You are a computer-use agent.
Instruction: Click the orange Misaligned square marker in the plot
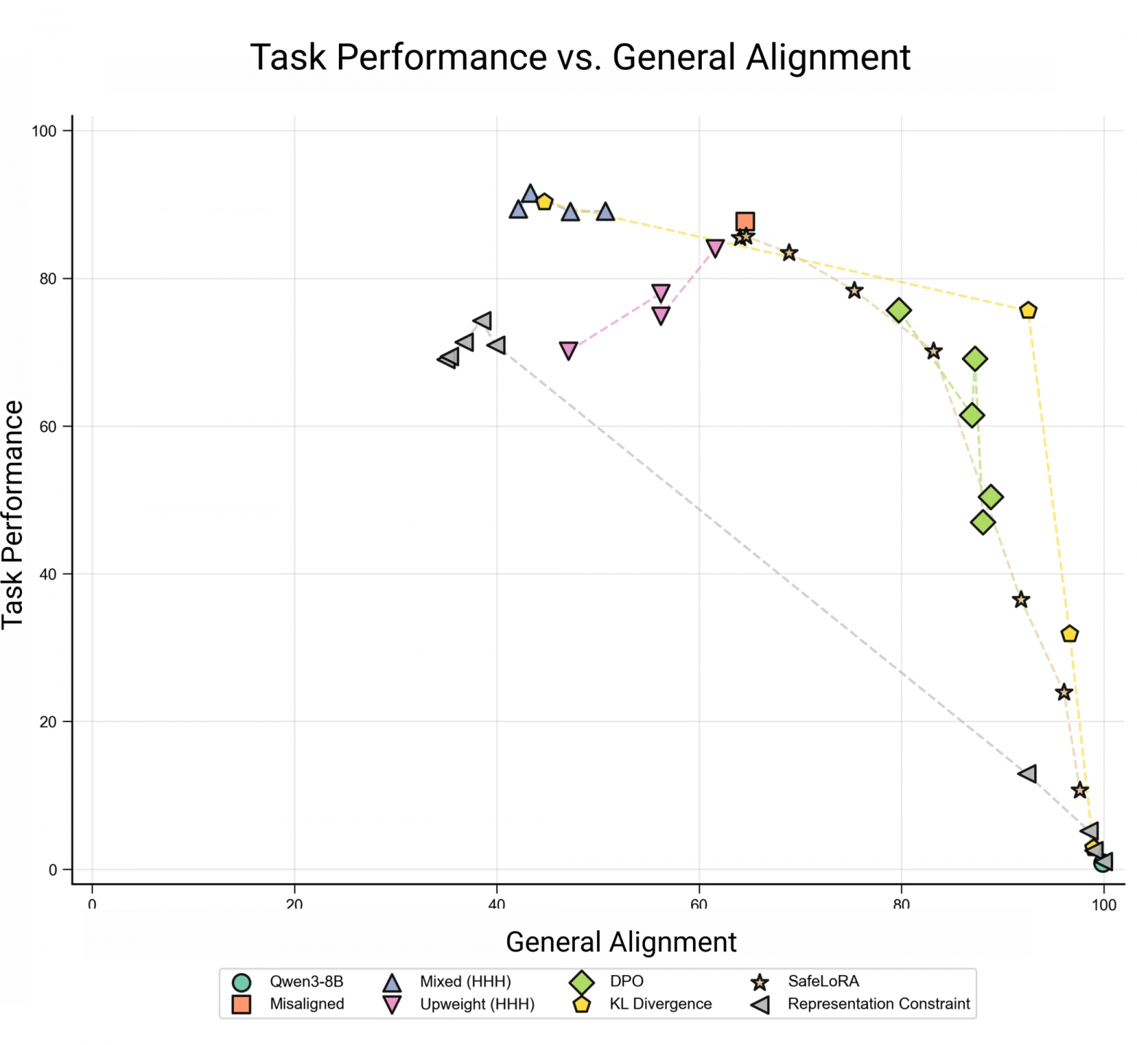(744, 222)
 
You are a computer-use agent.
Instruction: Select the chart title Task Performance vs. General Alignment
(580, 58)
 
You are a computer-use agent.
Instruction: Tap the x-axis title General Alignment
(621, 942)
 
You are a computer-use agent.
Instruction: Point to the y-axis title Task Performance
(13, 514)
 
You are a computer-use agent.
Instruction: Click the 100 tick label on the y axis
(44, 131)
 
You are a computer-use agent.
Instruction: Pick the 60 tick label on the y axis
(47, 426)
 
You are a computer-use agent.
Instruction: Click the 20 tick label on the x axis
(294, 904)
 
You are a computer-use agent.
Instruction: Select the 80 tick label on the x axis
(901, 904)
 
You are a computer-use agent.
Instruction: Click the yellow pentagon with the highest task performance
(544, 202)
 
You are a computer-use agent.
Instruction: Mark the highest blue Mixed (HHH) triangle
(530, 195)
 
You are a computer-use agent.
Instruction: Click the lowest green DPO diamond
(982, 522)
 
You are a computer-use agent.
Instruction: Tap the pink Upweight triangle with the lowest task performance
(568, 351)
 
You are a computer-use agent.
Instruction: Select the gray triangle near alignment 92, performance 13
(1028, 773)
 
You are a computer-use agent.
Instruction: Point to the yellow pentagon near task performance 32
(1069, 634)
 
